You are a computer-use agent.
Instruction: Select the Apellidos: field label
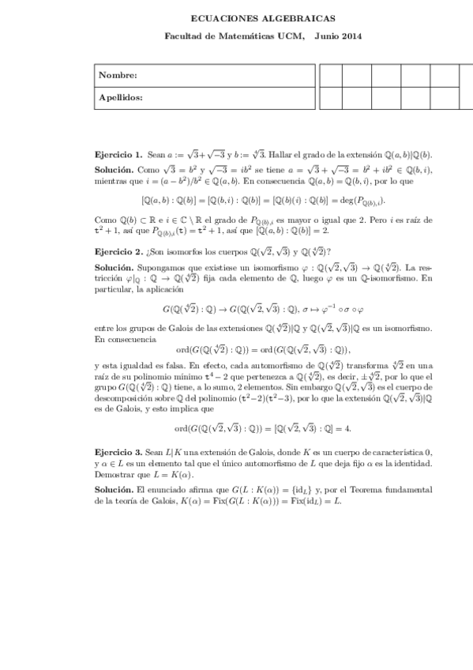pyautogui.click(x=121, y=98)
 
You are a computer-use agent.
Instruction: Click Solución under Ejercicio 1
pyautogui.click(x=113, y=170)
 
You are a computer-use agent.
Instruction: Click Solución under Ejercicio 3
pyautogui.click(x=113, y=490)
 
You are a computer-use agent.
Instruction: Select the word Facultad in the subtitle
pyautogui.click(x=183, y=36)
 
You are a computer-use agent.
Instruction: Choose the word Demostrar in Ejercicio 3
pyautogui.click(x=114, y=474)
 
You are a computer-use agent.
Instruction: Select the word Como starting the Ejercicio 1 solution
pyautogui.click(x=147, y=170)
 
